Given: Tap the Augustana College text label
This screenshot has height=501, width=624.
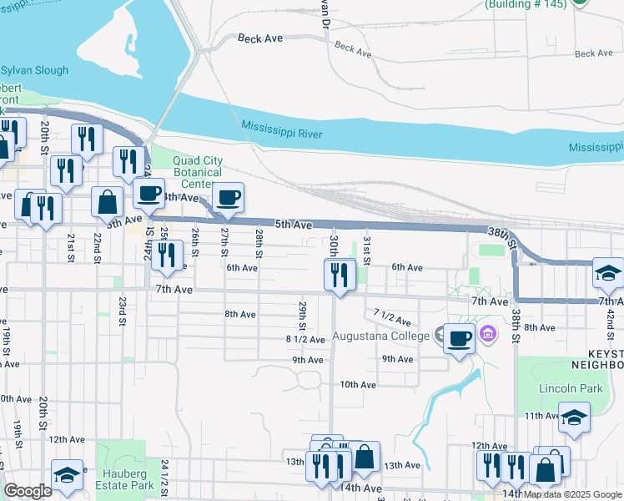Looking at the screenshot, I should (380, 337).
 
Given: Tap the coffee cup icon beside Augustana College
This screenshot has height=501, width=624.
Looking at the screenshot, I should (459, 338).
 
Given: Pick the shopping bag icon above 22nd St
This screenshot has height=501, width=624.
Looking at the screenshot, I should (108, 202).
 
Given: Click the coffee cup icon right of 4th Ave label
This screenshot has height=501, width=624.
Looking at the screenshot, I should (228, 197).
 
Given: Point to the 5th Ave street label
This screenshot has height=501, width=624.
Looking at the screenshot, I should (293, 225).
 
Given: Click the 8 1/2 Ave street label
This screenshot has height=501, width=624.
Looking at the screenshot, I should (304, 339).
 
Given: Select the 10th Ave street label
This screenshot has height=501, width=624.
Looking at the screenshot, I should (358, 385).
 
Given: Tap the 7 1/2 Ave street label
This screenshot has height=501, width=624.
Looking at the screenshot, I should (392, 317).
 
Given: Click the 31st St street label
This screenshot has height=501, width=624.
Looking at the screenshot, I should (365, 246).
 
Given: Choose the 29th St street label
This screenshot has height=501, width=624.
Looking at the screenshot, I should (302, 315).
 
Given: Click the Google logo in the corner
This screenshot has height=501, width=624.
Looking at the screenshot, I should (28, 491).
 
